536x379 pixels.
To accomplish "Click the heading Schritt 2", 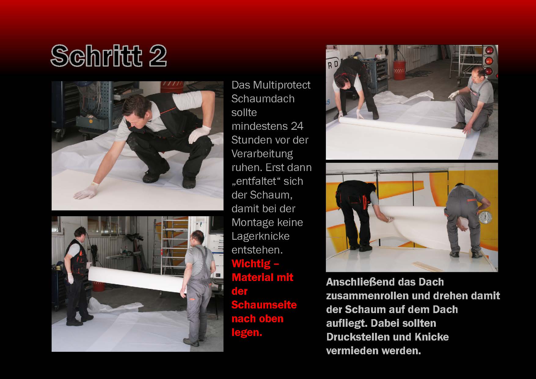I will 109,56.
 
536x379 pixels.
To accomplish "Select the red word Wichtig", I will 251,264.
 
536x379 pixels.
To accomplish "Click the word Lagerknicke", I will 261,236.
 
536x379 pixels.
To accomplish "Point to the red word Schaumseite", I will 264,305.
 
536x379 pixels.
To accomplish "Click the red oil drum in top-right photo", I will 399,70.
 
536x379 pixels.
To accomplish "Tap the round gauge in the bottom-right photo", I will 485,218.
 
